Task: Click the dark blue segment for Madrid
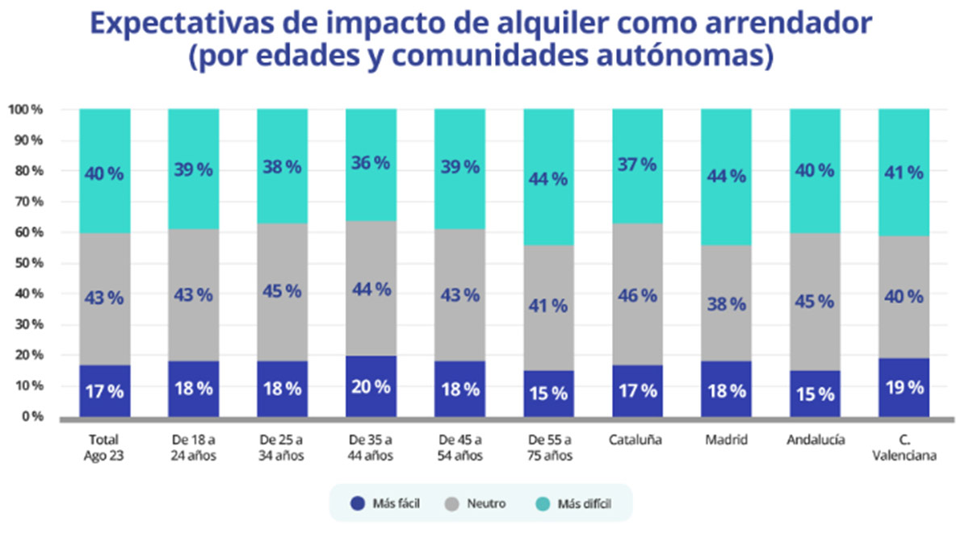coord(726,389)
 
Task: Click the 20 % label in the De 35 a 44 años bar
coord(371,386)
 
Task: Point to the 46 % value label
coord(637,295)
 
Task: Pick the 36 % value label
coord(371,163)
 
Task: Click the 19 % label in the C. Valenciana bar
coord(904,387)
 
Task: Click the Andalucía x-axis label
coord(815,441)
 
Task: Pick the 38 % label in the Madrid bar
coord(726,304)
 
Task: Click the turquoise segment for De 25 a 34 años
coord(282,165)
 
